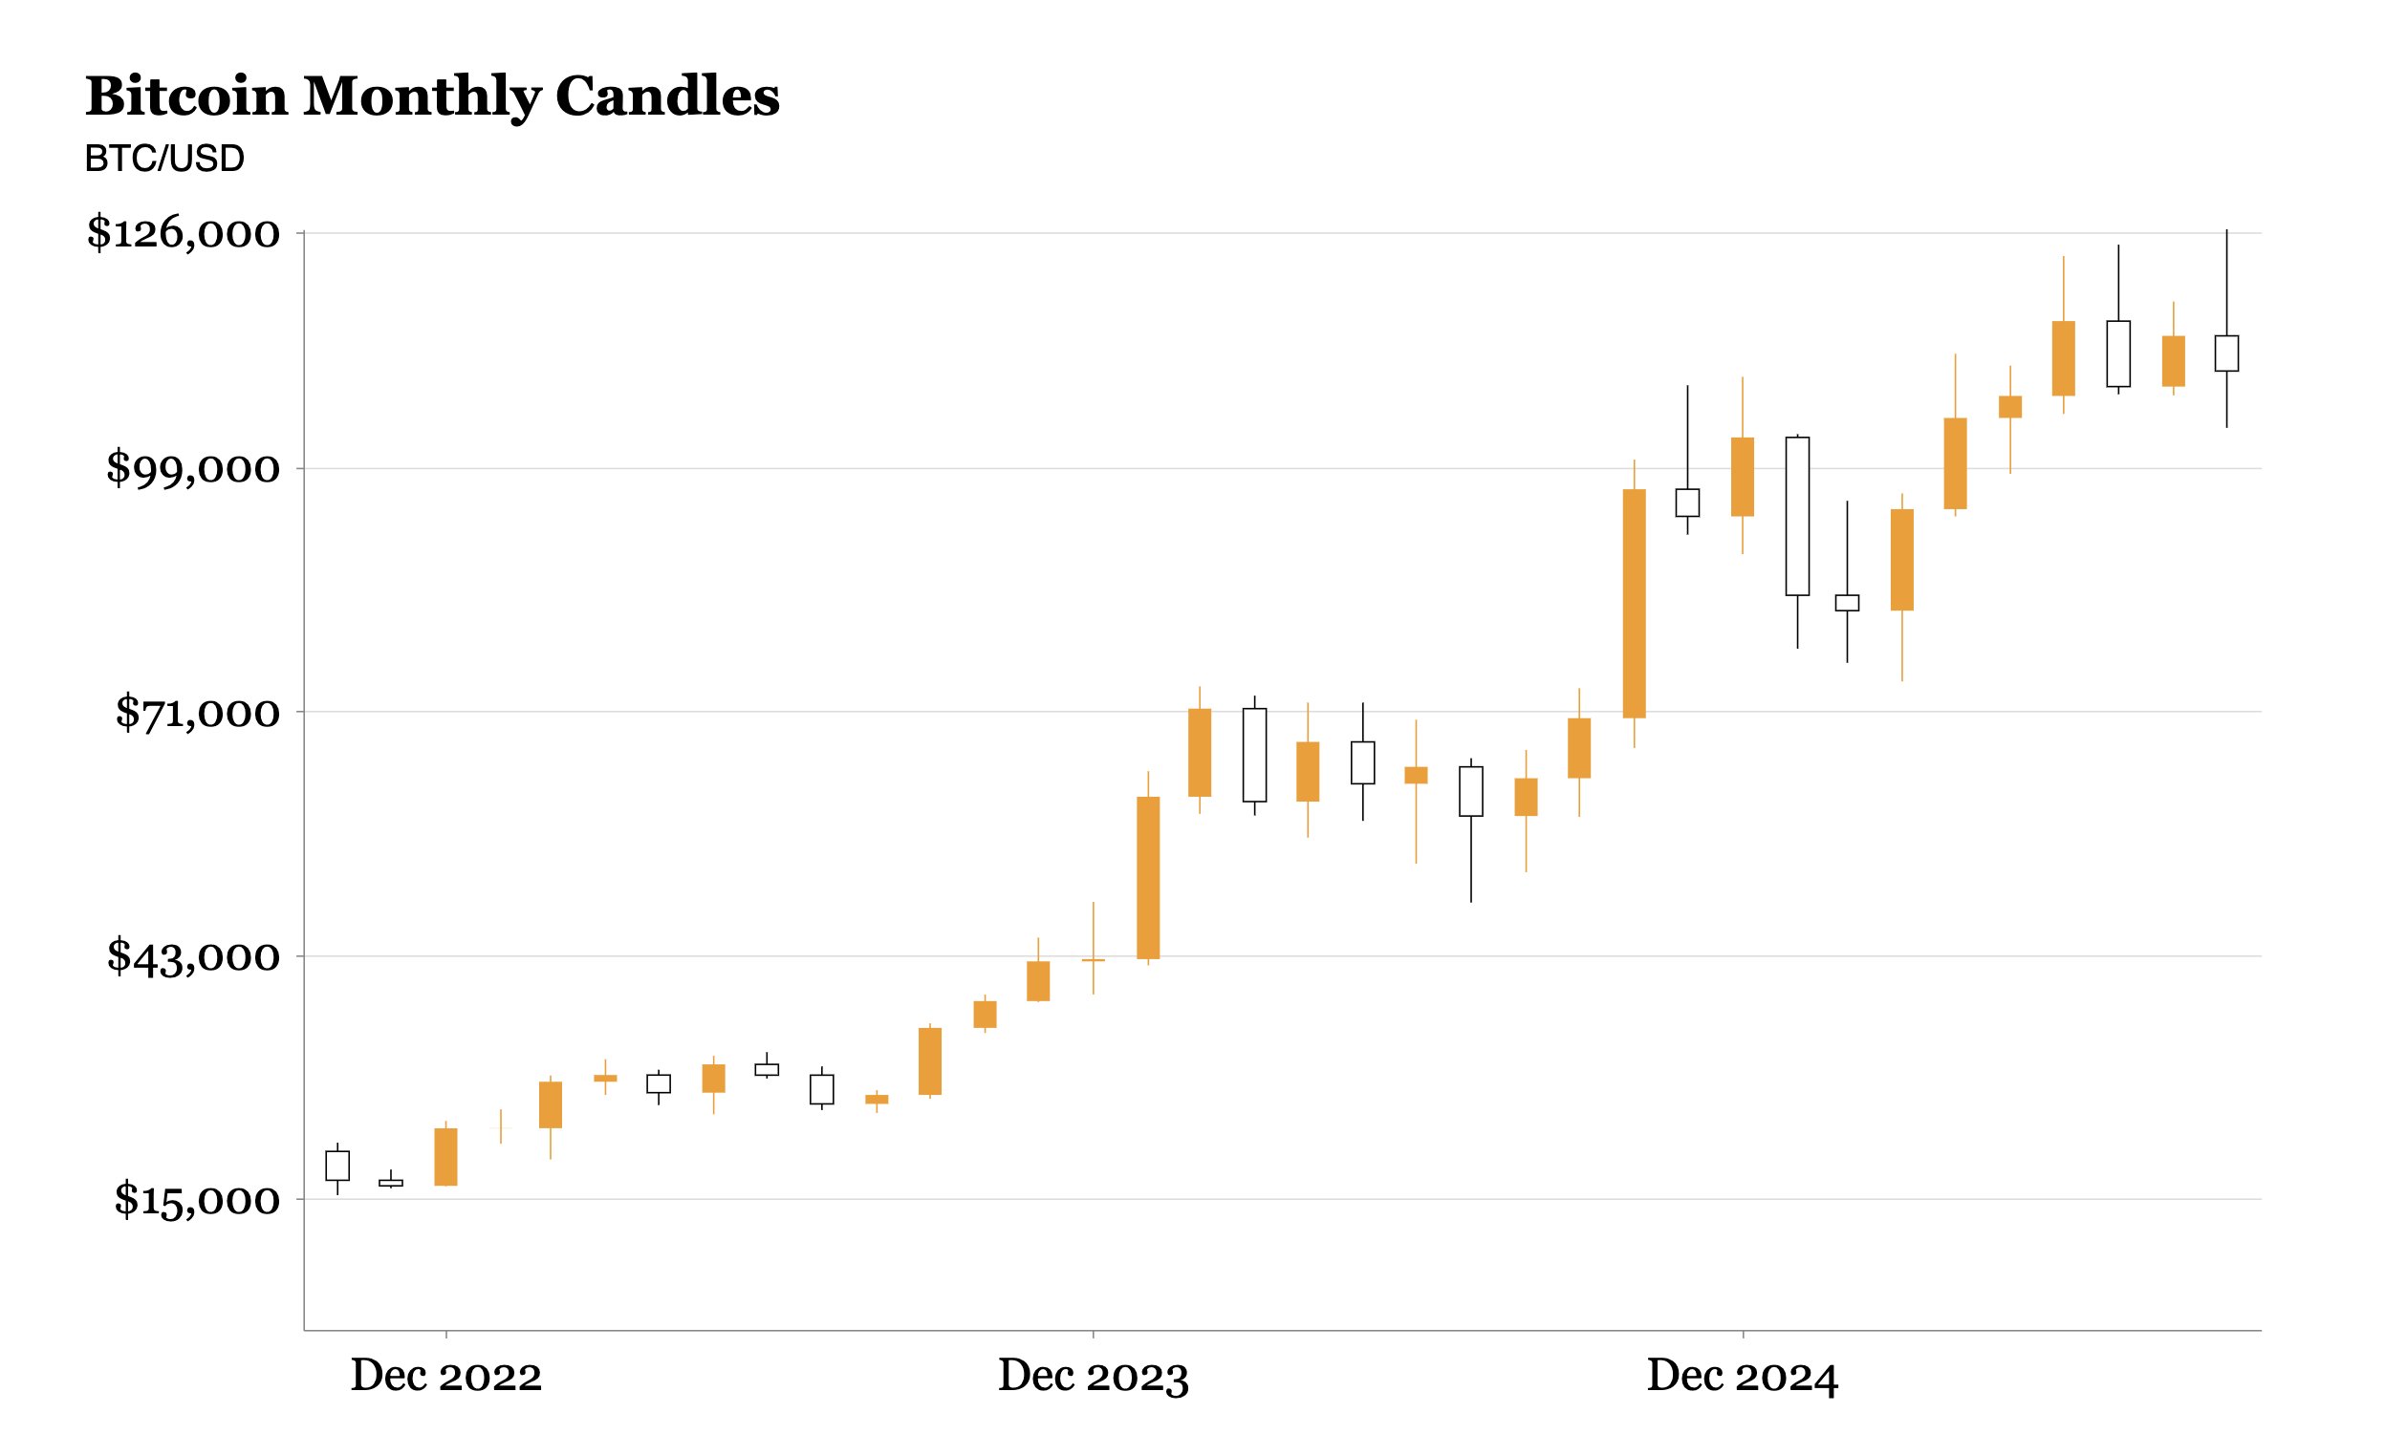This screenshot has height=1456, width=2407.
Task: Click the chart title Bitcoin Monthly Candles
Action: point(432,96)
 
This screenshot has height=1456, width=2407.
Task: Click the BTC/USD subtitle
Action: point(164,159)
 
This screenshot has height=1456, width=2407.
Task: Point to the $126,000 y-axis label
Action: point(184,233)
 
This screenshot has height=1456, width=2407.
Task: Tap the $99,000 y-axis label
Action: point(192,469)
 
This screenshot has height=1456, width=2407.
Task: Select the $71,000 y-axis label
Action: point(197,713)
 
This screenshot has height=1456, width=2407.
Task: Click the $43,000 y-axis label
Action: point(192,956)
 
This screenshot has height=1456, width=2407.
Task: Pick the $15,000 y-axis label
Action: point(196,1199)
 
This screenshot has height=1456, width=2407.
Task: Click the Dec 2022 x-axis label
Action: point(445,1376)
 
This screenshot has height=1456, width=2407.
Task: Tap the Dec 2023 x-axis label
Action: point(1093,1376)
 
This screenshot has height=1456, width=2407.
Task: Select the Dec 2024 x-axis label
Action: point(1742,1376)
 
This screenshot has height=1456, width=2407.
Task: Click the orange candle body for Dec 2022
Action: point(445,1157)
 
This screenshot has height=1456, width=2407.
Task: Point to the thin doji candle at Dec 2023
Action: point(1094,961)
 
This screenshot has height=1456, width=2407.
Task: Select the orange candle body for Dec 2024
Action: point(1742,477)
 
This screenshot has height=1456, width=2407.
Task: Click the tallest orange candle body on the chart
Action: point(1634,604)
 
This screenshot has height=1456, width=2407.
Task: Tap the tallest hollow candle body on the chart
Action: point(1796,516)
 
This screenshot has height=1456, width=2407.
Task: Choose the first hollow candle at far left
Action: point(337,1166)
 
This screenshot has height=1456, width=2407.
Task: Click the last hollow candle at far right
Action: point(2226,353)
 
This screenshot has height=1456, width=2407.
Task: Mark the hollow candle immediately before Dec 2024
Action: point(1687,503)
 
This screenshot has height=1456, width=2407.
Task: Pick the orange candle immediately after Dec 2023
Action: point(1148,878)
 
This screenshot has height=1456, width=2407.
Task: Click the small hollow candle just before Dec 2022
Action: point(391,1183)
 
